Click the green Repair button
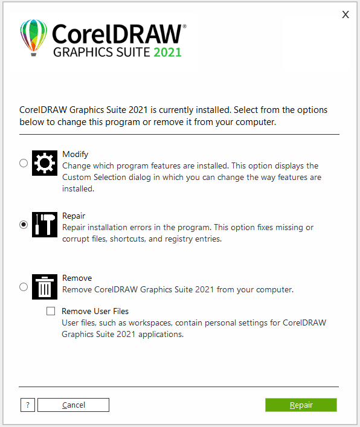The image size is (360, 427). click(x=301, y=405)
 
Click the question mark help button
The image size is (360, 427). click(x=28, y=405)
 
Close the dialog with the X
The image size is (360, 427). click(x=346, y=14)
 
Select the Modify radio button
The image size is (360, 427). click(x=24, y=163)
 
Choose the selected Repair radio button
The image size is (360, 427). click(x=24, y=225)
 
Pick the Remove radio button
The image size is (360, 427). click(x=24, y=287)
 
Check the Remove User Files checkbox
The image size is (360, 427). click(x=51, y=312)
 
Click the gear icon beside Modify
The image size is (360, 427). click(x=44, y=163)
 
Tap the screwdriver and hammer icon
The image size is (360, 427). click(x=44, y=225)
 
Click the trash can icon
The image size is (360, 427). click(x=44, y=287)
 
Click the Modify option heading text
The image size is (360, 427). click(x=76, y=154)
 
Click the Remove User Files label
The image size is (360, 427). click(x=95, y=312)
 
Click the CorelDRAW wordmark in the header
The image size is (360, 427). click(x=117, y=33)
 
